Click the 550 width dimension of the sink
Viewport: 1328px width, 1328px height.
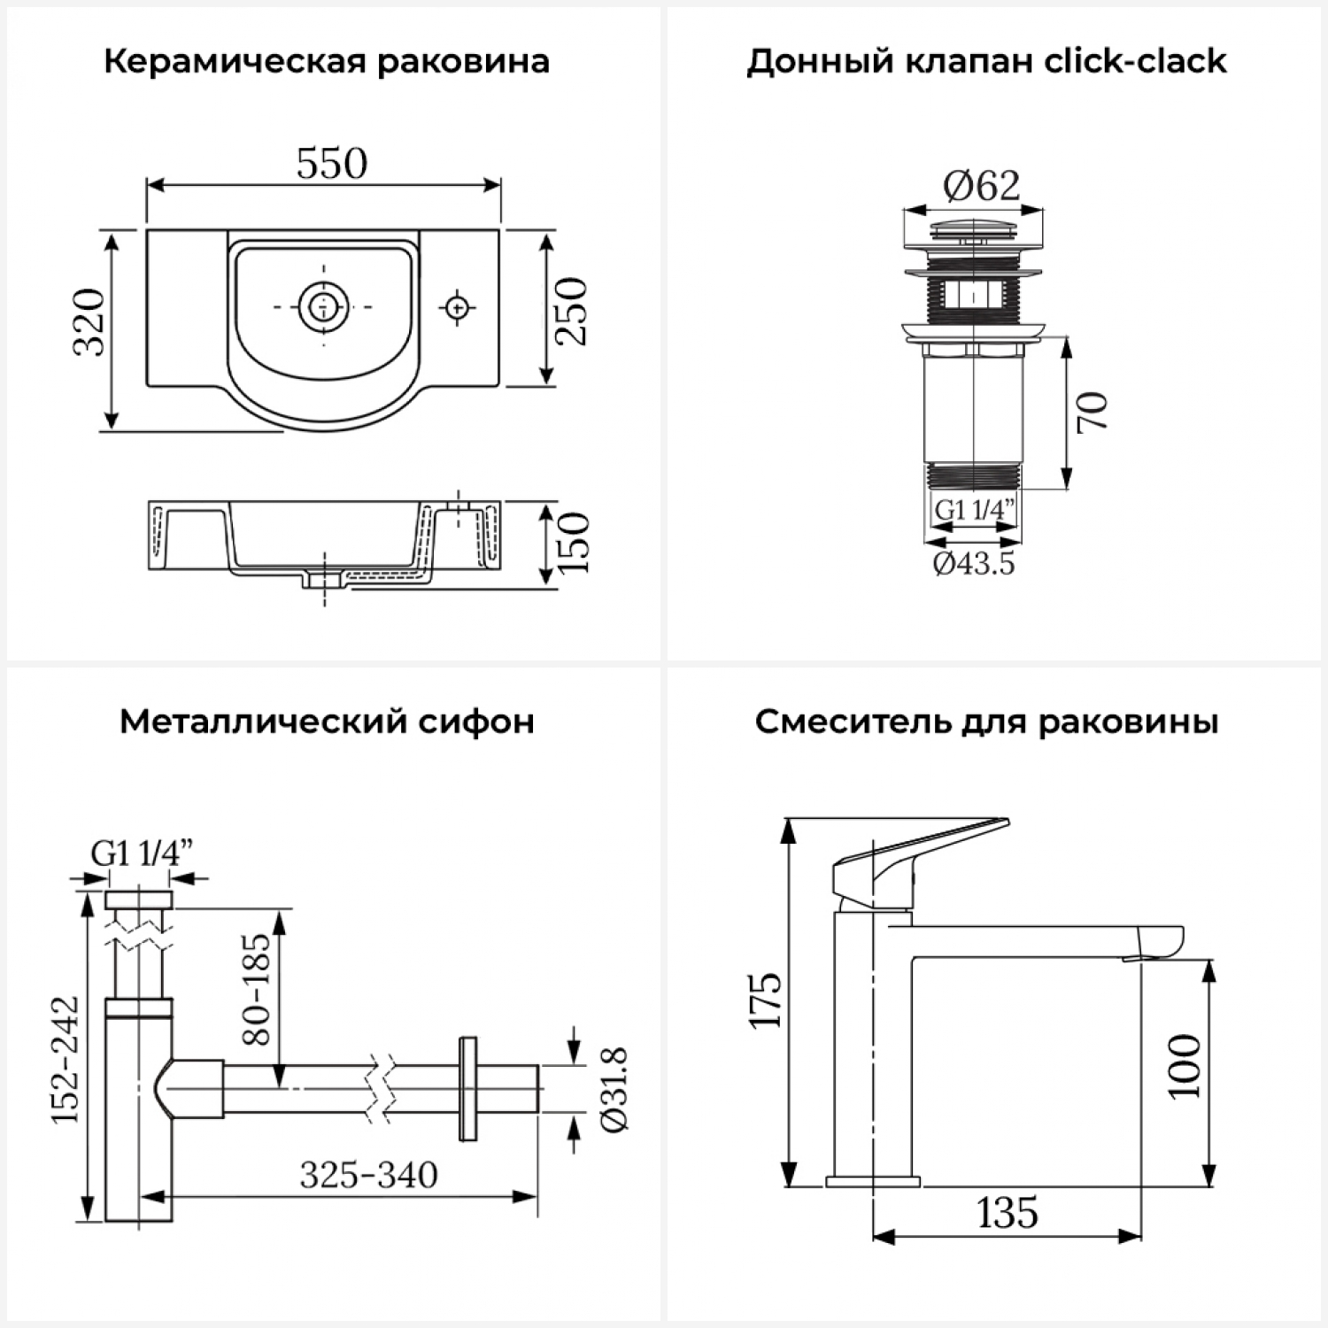[x=331, y=164]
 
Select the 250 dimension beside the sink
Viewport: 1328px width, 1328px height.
[x=572, y=311]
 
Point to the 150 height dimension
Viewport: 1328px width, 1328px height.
[x=573, y=543]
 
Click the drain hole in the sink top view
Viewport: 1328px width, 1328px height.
[x=324, y=306]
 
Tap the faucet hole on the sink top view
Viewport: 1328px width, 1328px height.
[x=458, y=306]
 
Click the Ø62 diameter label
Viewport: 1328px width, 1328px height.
[x=981, y=185]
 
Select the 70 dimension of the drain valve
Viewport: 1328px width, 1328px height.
[x=1093, y=412]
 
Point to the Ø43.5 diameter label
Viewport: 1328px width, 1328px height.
[x=974, y=563]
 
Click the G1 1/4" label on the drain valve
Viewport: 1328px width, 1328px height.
[x=975, y=510]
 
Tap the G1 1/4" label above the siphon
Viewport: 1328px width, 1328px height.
[x=142, y=853]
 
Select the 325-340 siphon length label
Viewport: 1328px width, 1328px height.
[x=368, y=1175]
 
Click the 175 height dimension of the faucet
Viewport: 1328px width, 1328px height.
[x=766, y=1000]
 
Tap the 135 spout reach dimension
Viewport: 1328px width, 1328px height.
[x=1008, y=1212]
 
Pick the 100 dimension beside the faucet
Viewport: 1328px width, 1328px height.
[x=1185, y=1066]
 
